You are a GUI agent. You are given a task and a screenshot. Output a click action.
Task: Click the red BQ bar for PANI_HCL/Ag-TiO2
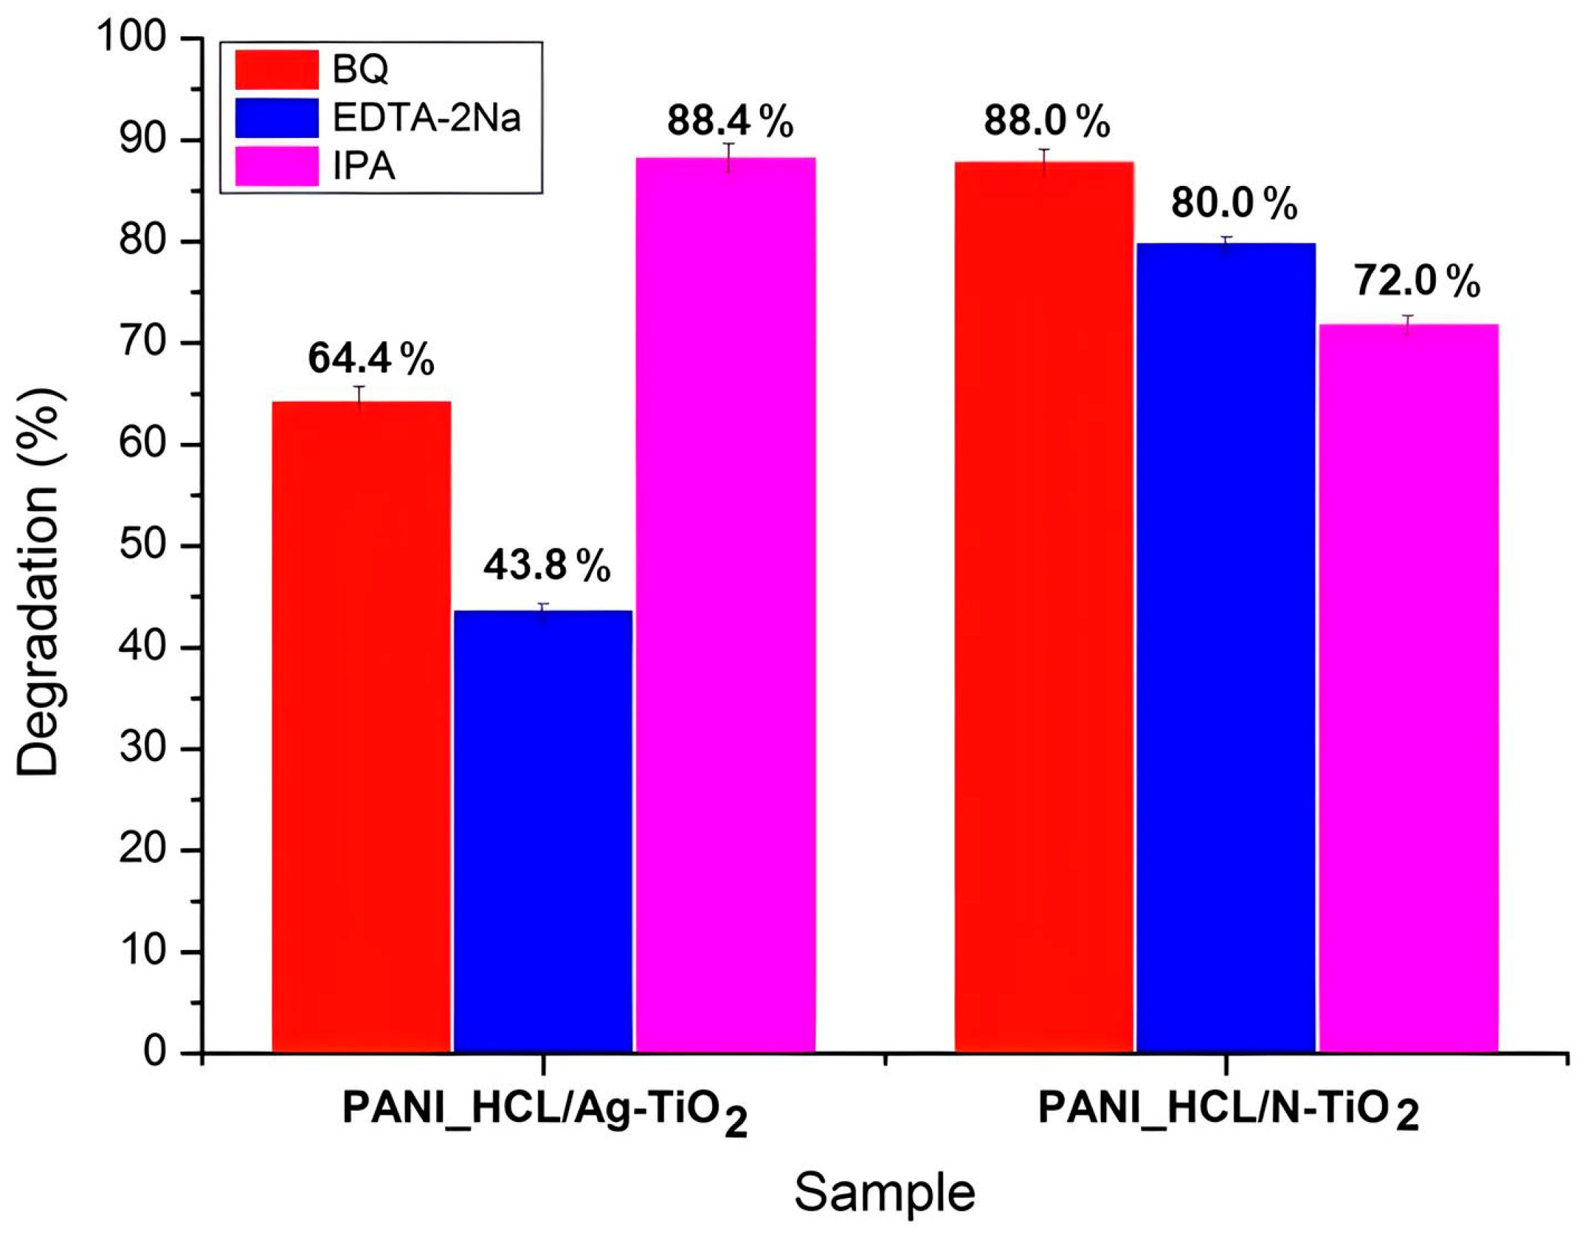pyautogui.click(x=361, y=728)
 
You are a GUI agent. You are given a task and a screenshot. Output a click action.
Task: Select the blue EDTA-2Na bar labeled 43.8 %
pyautogui.click(x=543, y=829)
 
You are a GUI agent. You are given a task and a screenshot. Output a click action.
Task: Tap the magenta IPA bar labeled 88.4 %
pyautogui.click(x=725, y=604)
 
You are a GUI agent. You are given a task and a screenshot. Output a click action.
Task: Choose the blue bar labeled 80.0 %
pyautogui.click(x=1226, y=648)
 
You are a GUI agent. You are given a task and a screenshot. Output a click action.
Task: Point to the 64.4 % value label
pyautogui.click(x=371, y=359)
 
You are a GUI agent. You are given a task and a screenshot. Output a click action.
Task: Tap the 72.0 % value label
pyautogui.click(x=1416, y=281)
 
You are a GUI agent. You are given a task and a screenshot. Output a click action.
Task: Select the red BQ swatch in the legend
pyautogui.click(x=277, y=70)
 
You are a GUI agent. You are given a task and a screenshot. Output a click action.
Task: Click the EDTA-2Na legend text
pyautogui.click(x=427, y=118)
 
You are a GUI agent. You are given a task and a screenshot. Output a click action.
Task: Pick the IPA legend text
pyautogui.click(x=364, y=167)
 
